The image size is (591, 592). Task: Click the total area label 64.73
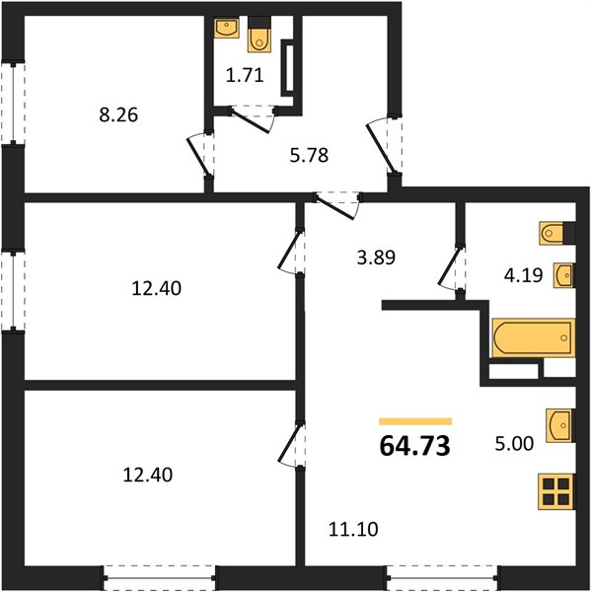coord(414,446)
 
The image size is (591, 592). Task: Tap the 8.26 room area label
coord(118,114)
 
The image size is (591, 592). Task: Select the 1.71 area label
coord(245,75)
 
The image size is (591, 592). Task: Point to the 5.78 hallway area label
coord(309,155)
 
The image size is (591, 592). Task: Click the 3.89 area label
coord(376,258)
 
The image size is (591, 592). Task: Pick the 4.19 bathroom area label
coord(523,275)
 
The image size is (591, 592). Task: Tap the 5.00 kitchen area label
coord(514,443)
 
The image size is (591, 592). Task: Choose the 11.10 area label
coord(353,529)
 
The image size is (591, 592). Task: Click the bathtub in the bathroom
coord(534,337)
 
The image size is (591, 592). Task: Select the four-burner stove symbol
coord(556,491)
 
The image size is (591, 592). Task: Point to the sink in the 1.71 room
coord(227,28)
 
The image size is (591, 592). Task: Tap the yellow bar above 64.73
coord(415,421)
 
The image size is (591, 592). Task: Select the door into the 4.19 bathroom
coord(452,267)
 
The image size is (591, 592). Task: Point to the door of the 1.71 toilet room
coord(253,118)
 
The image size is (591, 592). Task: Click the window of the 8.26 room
coord(13,103)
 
